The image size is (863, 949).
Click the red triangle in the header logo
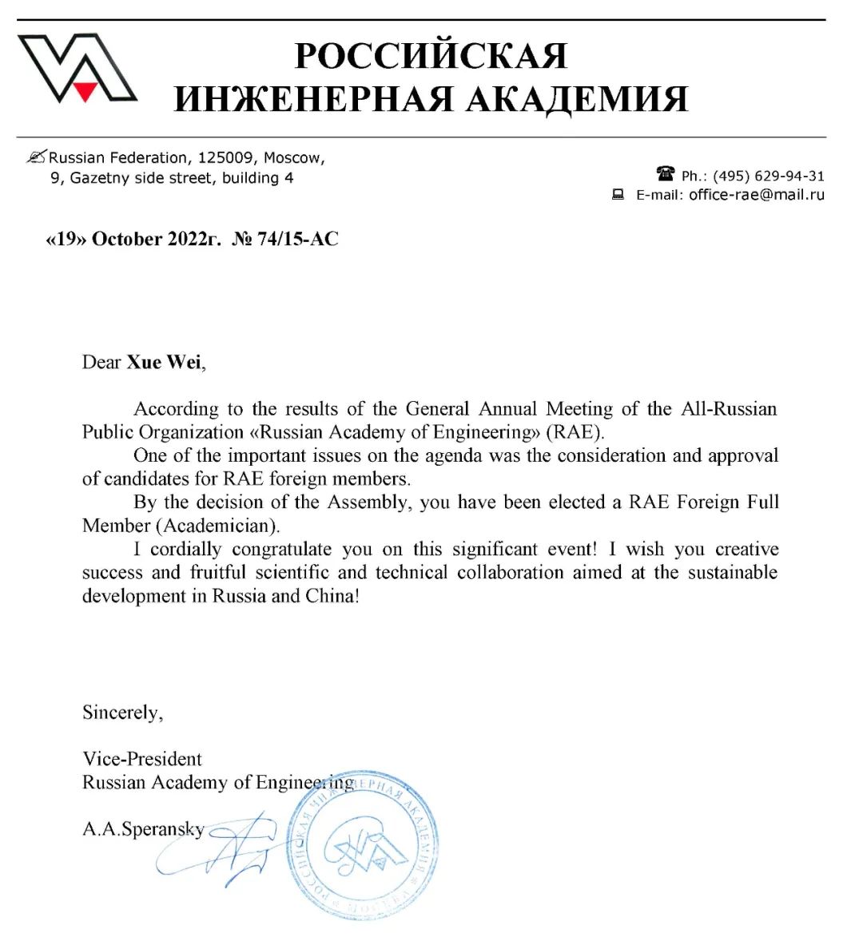tap(86, 90)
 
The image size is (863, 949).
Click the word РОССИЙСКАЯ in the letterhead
tap(431, 56)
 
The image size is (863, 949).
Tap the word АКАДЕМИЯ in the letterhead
tap(576, 100)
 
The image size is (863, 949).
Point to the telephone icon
tap(665, 174)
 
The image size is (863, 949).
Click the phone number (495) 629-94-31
tap(768, 176)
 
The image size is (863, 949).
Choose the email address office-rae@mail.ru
tap(756, 195)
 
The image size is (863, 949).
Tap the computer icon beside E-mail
tap(618, 194)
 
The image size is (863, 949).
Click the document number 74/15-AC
tap(297, 239)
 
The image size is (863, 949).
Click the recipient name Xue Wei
tap(163, 362)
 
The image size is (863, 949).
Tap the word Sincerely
tap(122, 712)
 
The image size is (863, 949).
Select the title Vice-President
tap(142, 758)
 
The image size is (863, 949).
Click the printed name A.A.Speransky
tap(143, 828)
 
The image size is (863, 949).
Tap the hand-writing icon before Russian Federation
tap(37, 157)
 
